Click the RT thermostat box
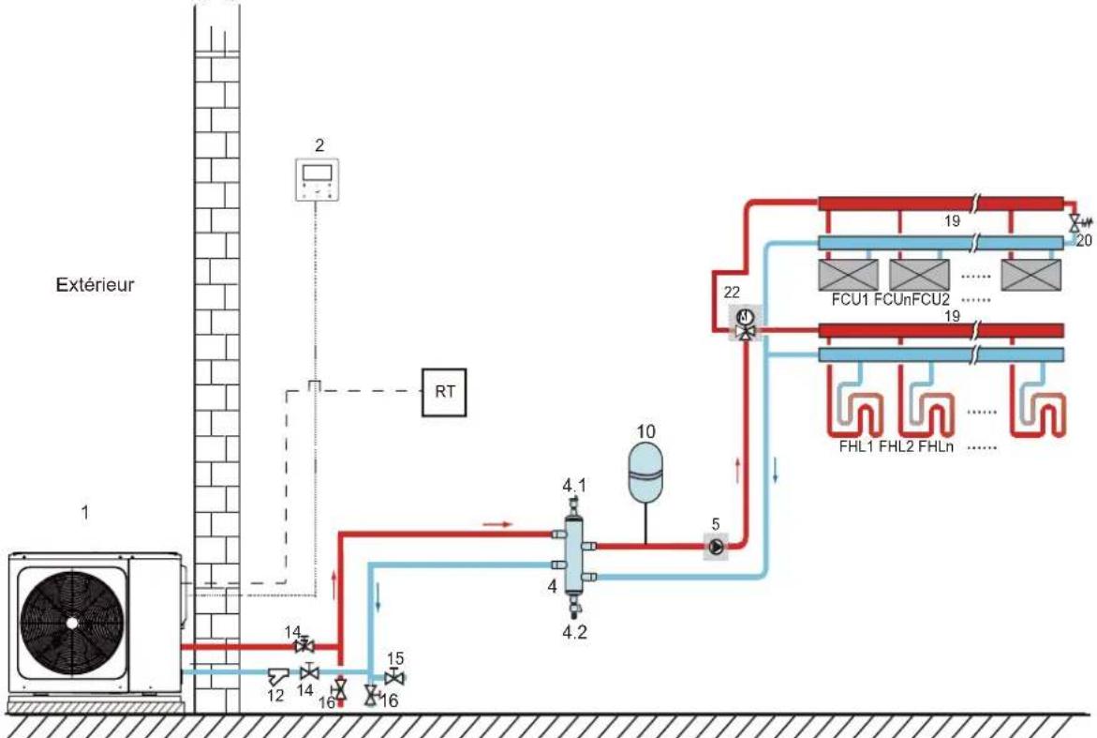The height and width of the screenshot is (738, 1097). (x=444, y=392)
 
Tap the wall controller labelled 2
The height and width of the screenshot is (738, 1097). (x=317, y=180)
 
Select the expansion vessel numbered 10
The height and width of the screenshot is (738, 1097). (x=645, y=473)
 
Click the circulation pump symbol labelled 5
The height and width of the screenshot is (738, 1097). (x=716, y=546)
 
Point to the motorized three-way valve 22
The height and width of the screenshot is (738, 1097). (x=746, y=323)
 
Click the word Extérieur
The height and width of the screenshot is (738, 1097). (x=96, y=285)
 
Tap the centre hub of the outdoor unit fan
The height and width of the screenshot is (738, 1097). (x=72, y=623)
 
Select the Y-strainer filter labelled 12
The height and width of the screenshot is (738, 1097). (x=277, y=676)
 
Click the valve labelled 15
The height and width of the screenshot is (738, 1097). (x=395, y=678)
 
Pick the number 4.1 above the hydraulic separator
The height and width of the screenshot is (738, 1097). (x=574, y=485)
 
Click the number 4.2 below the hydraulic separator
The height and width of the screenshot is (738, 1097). (x=574, y=632)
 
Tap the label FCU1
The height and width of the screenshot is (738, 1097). (x=850, y=300)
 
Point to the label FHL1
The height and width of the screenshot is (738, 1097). (x=857, y=446)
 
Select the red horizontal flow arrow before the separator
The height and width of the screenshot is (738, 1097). (x=497, y=524)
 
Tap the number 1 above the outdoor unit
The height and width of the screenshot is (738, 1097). (x=85, y=513)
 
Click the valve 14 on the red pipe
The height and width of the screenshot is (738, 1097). (x=304, y=645)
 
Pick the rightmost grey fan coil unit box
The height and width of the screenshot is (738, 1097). (x=1031, y=275)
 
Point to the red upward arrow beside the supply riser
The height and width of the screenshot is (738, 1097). (x=738, y=471)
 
